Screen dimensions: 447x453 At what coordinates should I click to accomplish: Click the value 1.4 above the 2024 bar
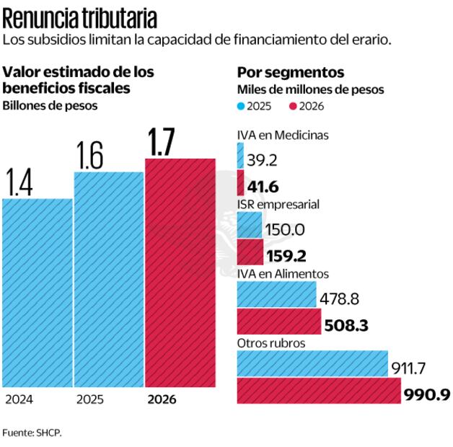point(19,183)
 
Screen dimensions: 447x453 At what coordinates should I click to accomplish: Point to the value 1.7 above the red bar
point(161,143)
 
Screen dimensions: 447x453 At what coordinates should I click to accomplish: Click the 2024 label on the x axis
point(19,399)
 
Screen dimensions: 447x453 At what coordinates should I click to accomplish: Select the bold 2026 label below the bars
point(162,399)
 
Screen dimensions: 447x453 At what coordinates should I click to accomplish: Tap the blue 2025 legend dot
point(241,106)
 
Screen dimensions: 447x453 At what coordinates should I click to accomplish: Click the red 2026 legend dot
point(292,106)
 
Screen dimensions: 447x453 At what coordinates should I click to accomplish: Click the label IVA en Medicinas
point(283,135)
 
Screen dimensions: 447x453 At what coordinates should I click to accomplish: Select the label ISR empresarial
point(278,205)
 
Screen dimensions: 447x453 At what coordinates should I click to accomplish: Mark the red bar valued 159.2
point(250,253)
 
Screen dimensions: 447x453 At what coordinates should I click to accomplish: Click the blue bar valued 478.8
point(276,295)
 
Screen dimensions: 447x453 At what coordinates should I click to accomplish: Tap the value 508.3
point(348,326)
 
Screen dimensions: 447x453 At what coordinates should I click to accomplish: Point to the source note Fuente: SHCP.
point(32,433)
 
